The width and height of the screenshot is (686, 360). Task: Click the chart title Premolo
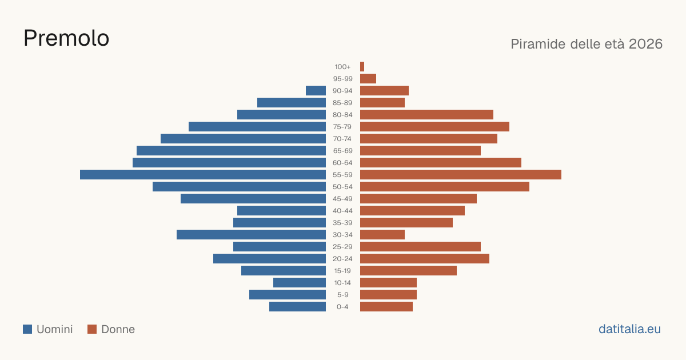click(66, 38)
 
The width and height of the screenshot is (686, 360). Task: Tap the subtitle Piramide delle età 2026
click(587, 44)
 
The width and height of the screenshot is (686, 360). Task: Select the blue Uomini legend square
click(27, 329)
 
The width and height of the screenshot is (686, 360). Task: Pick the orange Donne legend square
click(92, 329)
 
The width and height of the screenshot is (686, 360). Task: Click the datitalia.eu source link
click(629, 329)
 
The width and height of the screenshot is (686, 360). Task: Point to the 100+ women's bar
click(362, 66)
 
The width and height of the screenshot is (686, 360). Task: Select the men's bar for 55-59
click(203, 174)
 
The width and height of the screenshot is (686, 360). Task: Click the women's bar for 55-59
click(461, 174)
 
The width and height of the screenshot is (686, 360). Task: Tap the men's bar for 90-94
click(316, 91)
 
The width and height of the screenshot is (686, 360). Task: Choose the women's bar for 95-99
click(368, 79)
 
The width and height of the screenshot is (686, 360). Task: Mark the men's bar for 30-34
click(251, 234)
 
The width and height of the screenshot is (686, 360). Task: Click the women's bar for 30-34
click(382, 234)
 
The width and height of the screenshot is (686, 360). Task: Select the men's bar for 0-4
click(297, 306)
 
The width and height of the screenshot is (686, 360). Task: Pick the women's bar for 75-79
click(434, 126)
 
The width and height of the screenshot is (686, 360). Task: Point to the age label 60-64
click(342, 163)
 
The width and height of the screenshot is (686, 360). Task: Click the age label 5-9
click(342, 295)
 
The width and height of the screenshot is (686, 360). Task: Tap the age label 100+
click(342, 67)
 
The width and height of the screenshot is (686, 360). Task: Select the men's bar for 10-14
click(300, 282)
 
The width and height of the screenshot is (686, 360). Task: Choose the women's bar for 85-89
click(382, 102)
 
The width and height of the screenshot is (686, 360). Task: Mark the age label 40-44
click(342, 211)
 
